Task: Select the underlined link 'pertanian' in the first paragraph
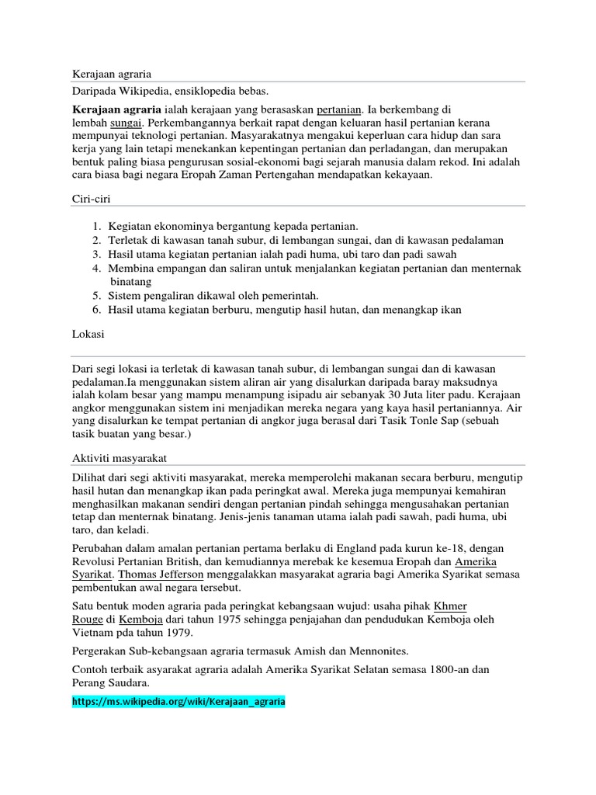(342, 109)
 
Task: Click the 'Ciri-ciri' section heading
(91, 200)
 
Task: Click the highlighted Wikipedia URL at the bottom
(178, 701)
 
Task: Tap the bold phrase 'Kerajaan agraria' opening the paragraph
(117, 109)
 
